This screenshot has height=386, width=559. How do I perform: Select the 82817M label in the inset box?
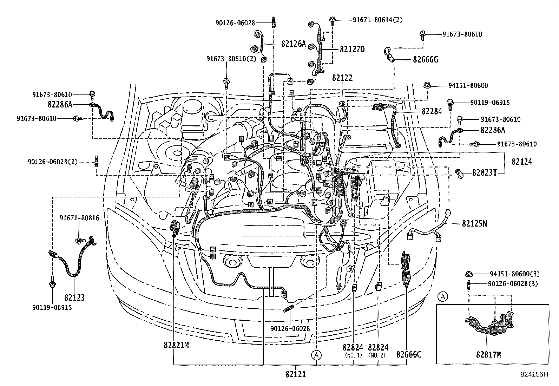tap(488, 355)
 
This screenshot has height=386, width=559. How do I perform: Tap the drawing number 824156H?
tap(534, 374)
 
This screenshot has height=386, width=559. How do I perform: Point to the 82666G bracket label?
tap(425, 59)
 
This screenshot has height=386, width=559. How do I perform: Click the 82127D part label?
tap(352, 50)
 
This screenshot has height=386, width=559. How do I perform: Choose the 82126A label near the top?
tap(294, 44)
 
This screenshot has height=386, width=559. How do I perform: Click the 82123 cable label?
tap(74, 298)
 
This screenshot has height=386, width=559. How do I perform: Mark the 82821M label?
tap(176, 345)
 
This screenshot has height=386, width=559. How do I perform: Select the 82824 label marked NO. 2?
tap(378, 347)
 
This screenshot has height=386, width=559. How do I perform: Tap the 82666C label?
tap(409, 355)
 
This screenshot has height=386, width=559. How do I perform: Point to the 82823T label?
tap(485, 172)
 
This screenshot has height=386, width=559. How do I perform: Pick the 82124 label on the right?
tap(521, 162)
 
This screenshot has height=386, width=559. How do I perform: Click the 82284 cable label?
tap(432, 111)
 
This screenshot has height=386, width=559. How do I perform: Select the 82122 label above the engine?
tap(342, 78)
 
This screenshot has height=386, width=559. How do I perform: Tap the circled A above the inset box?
tap(443, 297)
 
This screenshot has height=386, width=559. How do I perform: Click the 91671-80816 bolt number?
tap(79, 218)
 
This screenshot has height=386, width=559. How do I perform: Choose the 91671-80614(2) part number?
tap(377, 20)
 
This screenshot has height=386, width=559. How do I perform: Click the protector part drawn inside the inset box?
tap(489, 325)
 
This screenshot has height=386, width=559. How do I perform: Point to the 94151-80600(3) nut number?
tap(514, 274)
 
